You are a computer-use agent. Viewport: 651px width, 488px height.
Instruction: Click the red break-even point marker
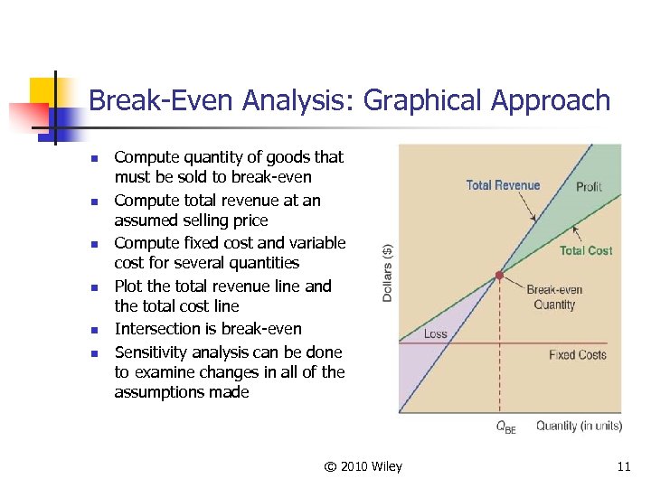coord(499,274)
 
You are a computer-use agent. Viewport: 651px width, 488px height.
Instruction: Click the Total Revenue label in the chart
coord(503,185)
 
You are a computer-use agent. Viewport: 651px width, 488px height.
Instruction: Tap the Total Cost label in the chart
coord(585,250)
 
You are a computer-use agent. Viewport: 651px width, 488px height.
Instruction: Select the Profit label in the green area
coord(589,186)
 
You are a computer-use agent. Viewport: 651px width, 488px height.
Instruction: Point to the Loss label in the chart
coord(435,333)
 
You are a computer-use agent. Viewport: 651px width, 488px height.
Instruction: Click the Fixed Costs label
coord(577,354)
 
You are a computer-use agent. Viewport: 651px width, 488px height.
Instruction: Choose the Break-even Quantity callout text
coord(554,297)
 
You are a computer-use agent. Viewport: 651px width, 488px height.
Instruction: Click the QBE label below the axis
coord(505,427)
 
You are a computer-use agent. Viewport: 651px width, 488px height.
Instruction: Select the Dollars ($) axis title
coord(388,271)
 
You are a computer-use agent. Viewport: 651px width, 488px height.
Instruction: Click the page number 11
coord(623,466)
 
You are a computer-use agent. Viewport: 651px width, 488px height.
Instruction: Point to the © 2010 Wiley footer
coord(363,466)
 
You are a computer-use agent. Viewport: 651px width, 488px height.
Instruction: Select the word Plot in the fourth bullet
coord(128,286)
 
